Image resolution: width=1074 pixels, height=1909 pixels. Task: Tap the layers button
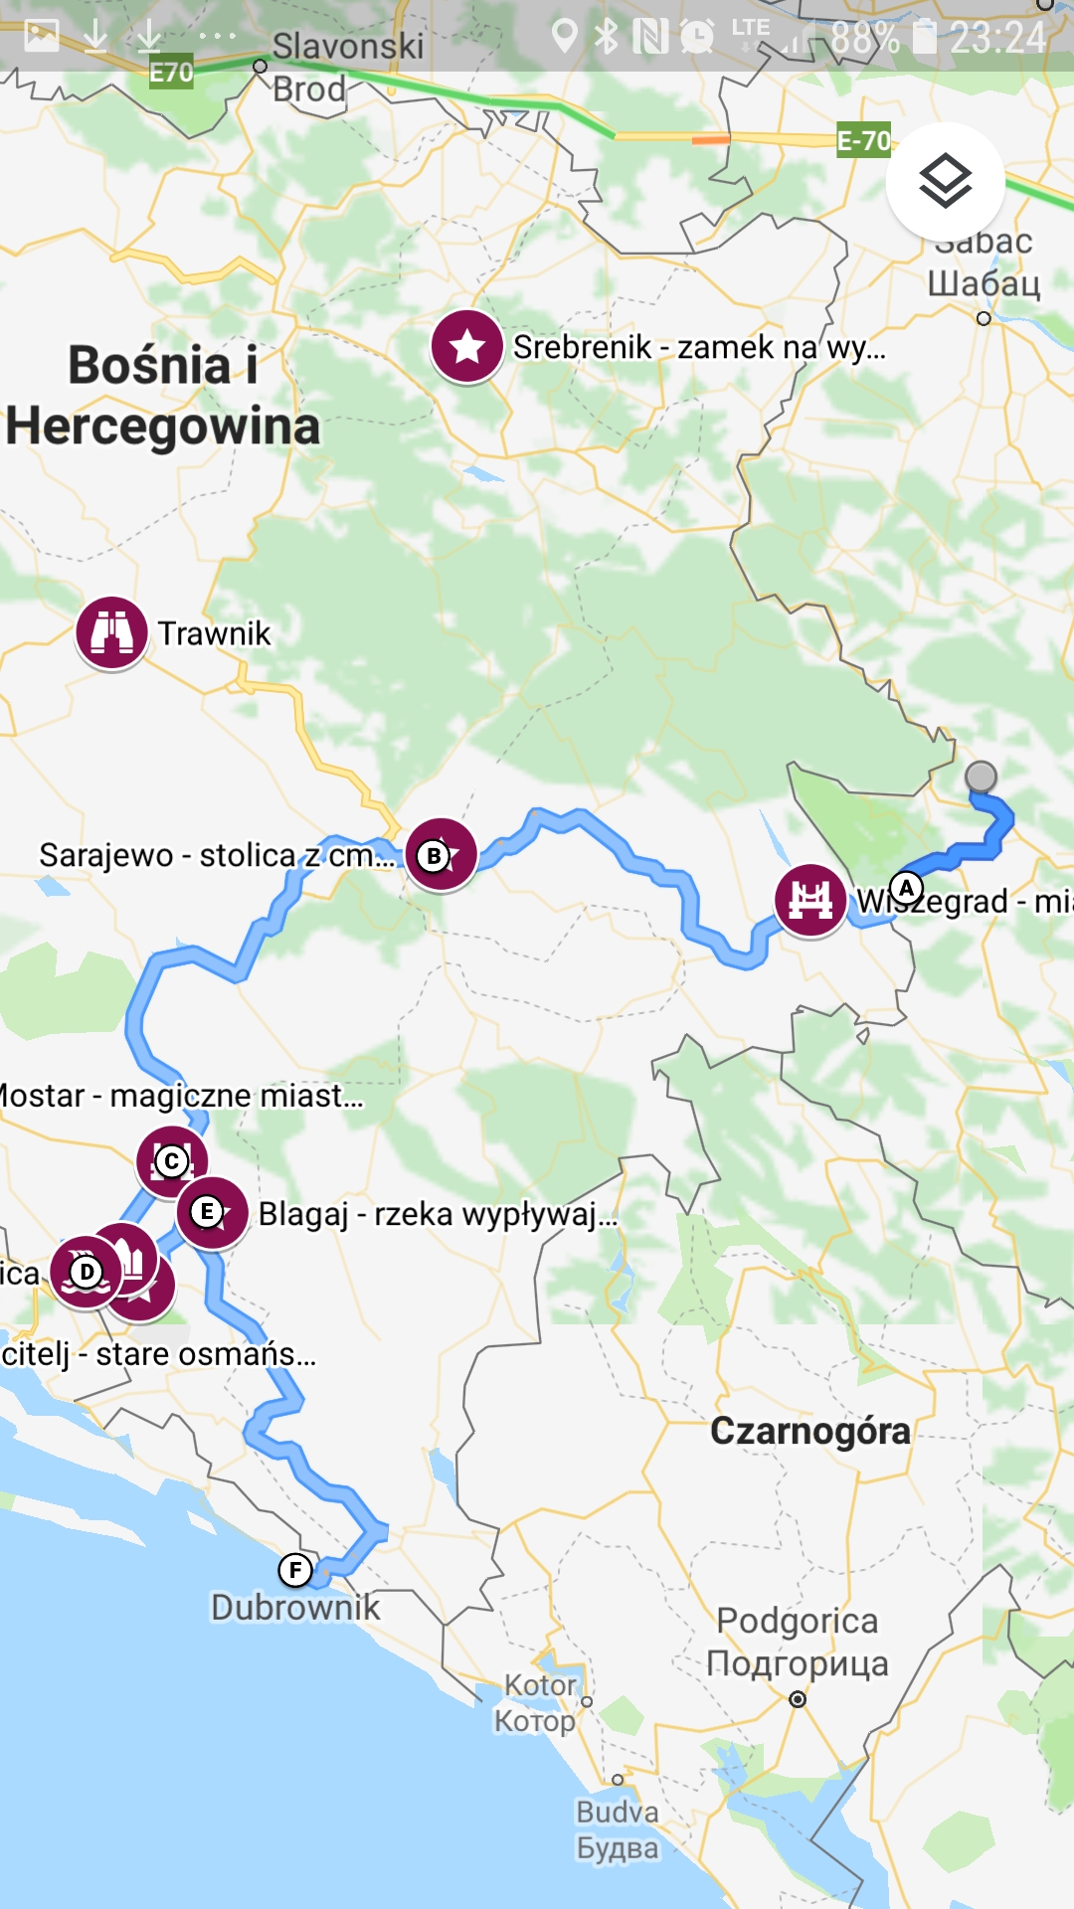click(x=945, y=181)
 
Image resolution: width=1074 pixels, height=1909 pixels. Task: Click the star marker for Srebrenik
click(x=466, y=346)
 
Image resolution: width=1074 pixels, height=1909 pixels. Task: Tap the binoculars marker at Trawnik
click(x=111, y=632)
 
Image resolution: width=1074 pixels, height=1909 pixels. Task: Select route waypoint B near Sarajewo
click(x=435, y=855)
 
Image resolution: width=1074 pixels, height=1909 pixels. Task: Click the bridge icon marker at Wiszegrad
click(x=810, y=900)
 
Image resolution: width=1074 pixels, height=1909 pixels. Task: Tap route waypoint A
click(x=906, y=888)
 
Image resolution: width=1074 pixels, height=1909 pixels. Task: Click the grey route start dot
click(x=981, y=776)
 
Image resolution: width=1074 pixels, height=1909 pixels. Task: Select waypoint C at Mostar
click(x=172, y=1160)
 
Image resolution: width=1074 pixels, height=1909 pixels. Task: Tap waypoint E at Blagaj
click(x=207, y=1211)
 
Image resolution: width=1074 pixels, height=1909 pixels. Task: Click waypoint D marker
click(x=87, y=1272)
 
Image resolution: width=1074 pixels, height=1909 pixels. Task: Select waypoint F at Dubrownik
click(x=295, y=1570)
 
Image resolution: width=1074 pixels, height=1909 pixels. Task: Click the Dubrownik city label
click(x=295, y=1607)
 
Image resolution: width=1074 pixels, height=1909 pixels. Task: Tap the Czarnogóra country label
click(x=809, y=1431)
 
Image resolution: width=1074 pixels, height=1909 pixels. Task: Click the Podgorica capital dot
click(x=798, y=1699)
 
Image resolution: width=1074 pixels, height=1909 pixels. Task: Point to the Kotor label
click(x=538, y=1702)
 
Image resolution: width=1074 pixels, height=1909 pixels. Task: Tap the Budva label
click(x=618, y=1829)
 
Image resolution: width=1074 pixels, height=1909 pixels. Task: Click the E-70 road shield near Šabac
click(x=863, y=140)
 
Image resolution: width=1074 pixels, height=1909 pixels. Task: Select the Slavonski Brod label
click(x=338, y=67)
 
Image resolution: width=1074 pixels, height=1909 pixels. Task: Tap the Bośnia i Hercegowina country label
click(x=163, y=395)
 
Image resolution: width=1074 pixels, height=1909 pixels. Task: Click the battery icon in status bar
click(x=925, y=37)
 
